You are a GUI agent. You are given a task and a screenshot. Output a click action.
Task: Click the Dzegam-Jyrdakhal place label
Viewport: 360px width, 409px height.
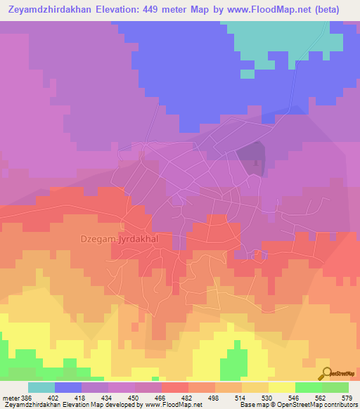[123, 239]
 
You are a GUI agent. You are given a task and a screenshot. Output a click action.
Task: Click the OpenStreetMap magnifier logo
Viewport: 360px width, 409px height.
[326, 373]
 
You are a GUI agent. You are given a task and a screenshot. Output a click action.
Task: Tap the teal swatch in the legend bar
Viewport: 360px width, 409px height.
[41, 387]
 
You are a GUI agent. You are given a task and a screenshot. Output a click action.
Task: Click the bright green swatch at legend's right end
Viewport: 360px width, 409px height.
[335, 387]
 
